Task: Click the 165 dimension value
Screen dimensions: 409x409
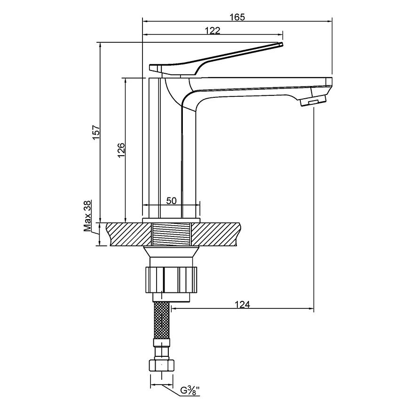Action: coord(237,17)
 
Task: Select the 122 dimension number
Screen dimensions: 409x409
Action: coord(212,31)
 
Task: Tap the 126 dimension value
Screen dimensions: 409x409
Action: coord(121,150)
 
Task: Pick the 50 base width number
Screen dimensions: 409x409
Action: coord(172,201)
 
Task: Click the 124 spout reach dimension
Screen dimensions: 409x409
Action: coord(242,304)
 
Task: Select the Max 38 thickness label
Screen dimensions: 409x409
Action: coord(87,216)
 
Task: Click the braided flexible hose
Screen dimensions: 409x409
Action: coord(162,320)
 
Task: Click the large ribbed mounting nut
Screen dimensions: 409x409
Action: coord(172,280)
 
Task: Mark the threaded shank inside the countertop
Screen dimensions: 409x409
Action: coord(172,234)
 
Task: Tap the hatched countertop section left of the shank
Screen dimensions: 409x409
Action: coord(129,234)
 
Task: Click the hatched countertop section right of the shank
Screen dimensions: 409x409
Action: coord(216,234)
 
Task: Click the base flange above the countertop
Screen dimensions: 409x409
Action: coord(172,220)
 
